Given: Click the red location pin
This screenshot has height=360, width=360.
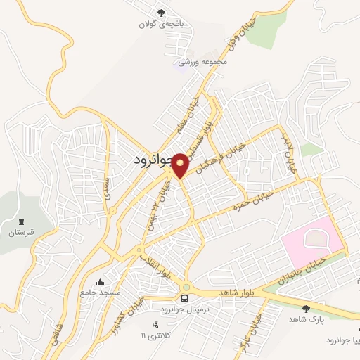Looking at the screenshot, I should coord(180,164).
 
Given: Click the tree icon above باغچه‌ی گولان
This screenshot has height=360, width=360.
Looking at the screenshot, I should coord(162,12).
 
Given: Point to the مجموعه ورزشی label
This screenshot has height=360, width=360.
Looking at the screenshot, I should coord(203,62).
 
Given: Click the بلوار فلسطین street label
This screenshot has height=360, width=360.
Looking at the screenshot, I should coord(205,127).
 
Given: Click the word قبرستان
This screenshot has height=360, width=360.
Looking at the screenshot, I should coord(21,232).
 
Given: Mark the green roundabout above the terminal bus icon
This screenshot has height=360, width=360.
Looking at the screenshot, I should coord(185,286).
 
